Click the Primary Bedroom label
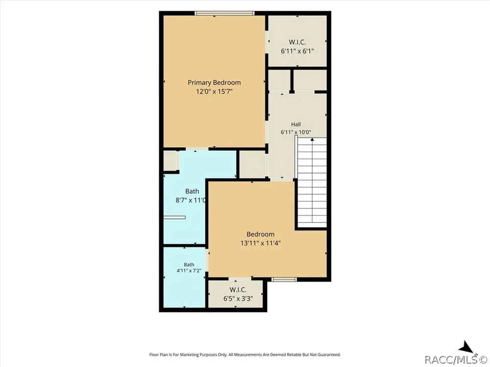click(x=214, y=83)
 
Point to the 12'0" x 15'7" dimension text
click(x=214, y=92)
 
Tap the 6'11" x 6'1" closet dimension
click(x=297, y=51)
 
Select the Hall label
click(x=296, y=124)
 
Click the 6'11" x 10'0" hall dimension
click(x=295, y=132)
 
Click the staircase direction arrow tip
click(x=312, y=138)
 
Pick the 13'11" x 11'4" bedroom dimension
click(x=261, y=243)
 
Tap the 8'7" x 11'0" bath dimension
click(x=191, y=200)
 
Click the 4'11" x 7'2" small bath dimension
click(x=189, y=271)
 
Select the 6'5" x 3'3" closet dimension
click(x=238, y=298)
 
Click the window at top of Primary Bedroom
click(x=224, y=13)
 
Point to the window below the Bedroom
click(x=284, y=279)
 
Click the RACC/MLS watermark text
click(x=455, y=360)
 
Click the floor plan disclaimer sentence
click(x=245, y=354)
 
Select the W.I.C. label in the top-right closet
click(x=297, y=42)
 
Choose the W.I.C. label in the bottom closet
click(x=238, y=290)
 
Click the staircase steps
click(x=312, y=183)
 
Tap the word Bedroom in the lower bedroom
click(x=261, y=234)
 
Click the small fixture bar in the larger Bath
click(x=174, y=218)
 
